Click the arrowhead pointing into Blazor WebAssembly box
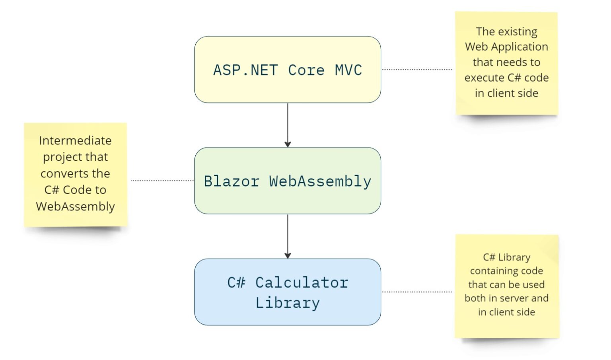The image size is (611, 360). [288, 144]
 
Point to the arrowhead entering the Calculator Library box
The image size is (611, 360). [288, 255]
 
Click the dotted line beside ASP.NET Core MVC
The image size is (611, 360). [417, 69]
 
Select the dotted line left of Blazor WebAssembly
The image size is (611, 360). [163, 181]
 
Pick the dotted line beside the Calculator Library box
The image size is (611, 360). [417, 292]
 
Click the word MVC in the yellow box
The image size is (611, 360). [348, 70]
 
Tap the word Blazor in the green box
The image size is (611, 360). [231, 181]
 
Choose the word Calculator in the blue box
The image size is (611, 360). [302, 282]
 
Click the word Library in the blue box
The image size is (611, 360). [287, 303]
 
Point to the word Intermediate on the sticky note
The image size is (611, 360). [75, 140]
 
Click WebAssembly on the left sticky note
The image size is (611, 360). [75, 206]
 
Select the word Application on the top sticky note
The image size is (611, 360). [520, 47]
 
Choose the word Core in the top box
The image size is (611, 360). [306, 70]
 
